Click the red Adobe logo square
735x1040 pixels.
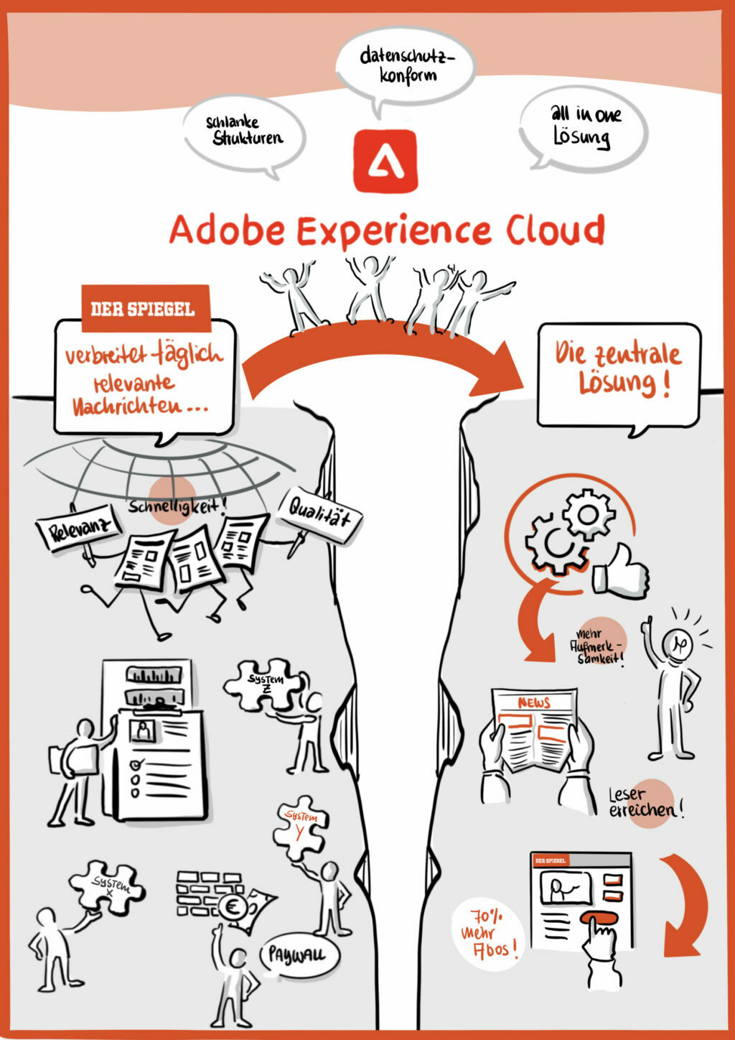click(385, 161)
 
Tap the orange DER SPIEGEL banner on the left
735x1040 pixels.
click(146, 308)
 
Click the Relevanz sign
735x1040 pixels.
click(79, 528)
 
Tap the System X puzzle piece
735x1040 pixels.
click(106, 885)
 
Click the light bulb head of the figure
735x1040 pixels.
click(678, 644)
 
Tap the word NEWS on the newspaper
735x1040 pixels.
click(534, 702)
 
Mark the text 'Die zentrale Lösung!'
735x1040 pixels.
click(618, 370)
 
